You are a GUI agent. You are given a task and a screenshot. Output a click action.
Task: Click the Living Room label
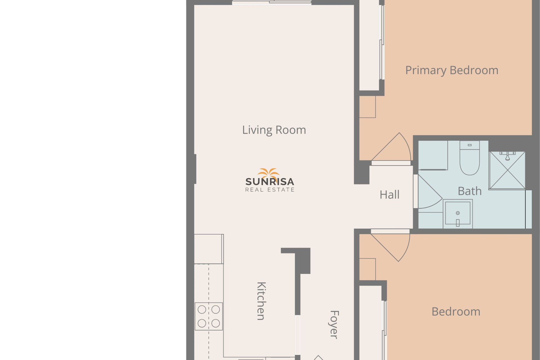[274, 130]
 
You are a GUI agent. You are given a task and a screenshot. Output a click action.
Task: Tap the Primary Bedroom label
[452, 70]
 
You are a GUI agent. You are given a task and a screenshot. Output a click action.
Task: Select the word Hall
[390, 195]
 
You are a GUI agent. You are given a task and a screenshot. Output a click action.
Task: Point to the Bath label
[470, 191]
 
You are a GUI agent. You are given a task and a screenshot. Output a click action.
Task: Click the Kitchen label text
[261, 301]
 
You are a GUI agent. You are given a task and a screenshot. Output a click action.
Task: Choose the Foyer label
[334, 325]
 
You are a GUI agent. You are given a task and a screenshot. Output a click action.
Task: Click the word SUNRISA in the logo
[270, 182]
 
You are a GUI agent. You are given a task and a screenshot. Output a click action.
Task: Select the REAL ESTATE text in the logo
[270, 190]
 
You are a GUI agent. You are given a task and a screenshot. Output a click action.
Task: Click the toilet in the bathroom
[470, 158]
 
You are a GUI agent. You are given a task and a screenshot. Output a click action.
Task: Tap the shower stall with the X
[507, 170]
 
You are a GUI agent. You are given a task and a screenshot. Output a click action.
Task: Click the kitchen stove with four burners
[209, 316]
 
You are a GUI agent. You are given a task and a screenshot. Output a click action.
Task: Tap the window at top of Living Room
[272, 3]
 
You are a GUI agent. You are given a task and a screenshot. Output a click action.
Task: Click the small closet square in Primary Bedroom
[367, 107]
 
